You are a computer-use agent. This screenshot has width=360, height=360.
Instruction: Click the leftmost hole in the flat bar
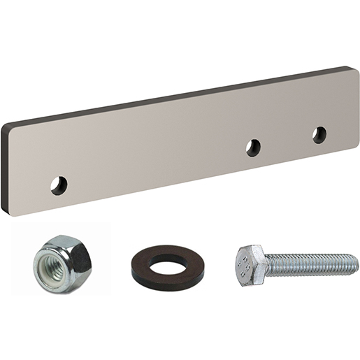click(x=59, y=185)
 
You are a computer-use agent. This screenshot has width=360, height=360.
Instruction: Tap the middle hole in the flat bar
click(x=253, y=147)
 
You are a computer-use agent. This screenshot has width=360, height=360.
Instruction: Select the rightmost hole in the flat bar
click(x=319, y=134)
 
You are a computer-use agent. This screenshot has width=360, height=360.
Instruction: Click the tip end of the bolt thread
click(x=355, y=264)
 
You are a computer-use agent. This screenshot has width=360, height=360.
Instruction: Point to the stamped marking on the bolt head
click(x=244, y=265)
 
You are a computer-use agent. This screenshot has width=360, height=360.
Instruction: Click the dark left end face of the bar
click(x=5, y=168)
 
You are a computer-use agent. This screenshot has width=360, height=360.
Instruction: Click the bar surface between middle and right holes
click(x=287, y=140)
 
